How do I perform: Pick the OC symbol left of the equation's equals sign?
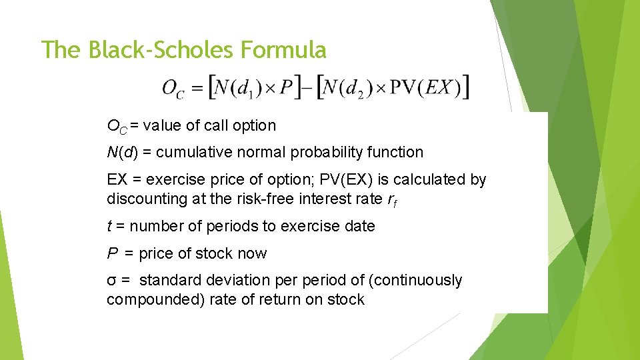(x=172, y=89)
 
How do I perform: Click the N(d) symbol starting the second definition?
(x=122, y=152)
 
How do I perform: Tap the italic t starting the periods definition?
(x=109, y=227)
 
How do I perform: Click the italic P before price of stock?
(x=111, y=253)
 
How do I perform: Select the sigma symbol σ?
(x=111, y=281)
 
